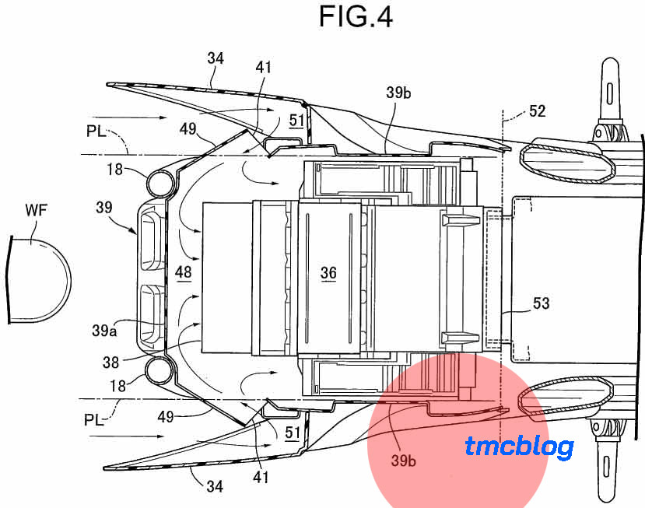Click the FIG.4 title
point(356,17)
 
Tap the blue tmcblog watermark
point(520,447)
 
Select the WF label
point(37,210)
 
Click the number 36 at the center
point(328,272)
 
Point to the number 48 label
point(183,272)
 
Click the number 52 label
point(537,111)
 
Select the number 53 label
point(542,303)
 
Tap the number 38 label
point(110,363)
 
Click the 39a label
point(104,331)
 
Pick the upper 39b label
point(398,93)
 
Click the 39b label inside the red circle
point(403,461)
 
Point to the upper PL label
point(96,131)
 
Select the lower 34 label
point(215,487)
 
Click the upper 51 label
point(297,120)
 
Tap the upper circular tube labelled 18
point(160,184)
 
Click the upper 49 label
point(188,128)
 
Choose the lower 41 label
point(261,478)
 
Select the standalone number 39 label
point(104,207)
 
